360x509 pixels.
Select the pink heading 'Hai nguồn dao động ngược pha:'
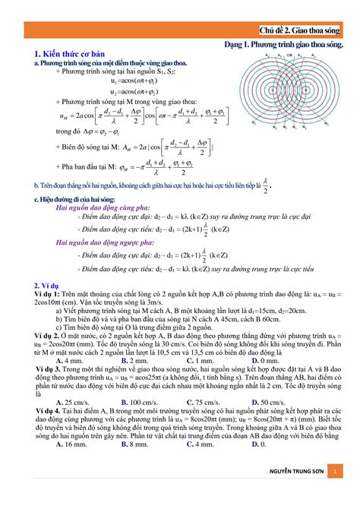(98, 242)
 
